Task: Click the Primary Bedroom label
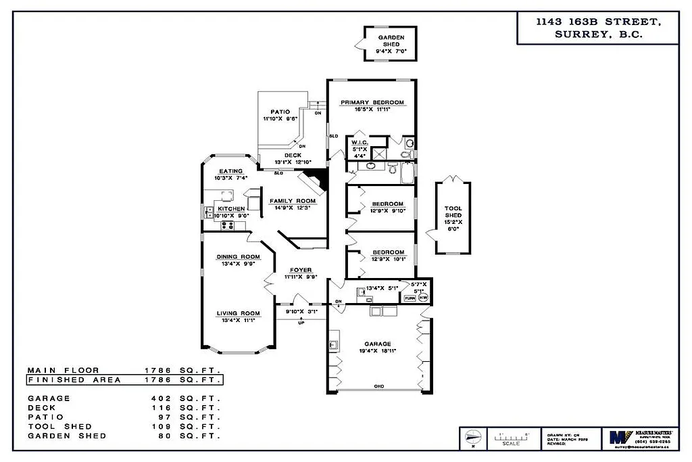coord(372,103)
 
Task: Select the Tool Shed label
coord(453,212)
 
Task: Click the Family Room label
coord(293,201)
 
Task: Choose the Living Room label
coord(238,313)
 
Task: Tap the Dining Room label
coord(238,256)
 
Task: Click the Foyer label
coord(301,270)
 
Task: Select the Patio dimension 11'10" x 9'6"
coord(280,118)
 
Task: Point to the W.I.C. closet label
coord(359,142)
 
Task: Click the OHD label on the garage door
coord(379,386)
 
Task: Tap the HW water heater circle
coord(423,298)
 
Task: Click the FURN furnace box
coord(410,298)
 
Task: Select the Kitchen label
coord(231,209)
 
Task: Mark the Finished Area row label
coord(74,379)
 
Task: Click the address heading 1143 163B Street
coord(597,22)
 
